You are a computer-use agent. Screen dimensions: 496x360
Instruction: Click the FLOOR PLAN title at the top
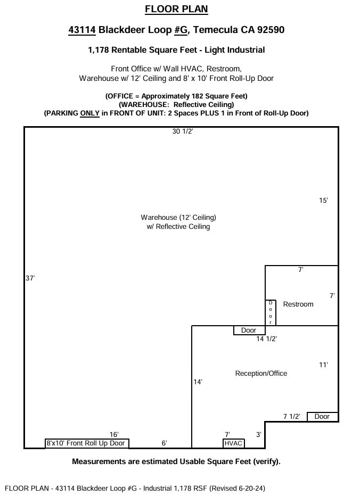[176, 9]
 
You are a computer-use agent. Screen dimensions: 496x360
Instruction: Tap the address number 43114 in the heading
[82, 30]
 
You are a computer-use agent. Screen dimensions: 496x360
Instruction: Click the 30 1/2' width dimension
[183, 132]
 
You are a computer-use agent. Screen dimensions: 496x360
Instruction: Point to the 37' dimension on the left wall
[30, 278]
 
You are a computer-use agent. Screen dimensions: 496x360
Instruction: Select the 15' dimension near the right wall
[323, 201]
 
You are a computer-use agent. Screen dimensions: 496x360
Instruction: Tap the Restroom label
[298, 304]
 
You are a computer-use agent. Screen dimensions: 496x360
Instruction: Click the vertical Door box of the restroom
[271, 312]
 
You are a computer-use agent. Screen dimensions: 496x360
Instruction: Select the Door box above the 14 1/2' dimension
[249, 330]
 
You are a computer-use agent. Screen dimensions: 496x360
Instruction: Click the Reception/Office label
[261, 374]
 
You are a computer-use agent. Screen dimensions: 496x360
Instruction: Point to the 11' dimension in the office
[323, 365]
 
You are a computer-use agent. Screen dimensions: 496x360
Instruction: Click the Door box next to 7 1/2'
[322, 417]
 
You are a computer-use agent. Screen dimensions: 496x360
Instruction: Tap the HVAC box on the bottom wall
[233, 443]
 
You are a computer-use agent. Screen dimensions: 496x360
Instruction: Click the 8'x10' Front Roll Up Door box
[86, 443]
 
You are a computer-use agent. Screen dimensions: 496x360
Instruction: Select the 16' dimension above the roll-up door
[114, 434]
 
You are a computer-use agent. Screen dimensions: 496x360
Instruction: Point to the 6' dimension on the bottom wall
[165, 443]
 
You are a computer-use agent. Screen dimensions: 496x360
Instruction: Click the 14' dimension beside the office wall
[198, 382]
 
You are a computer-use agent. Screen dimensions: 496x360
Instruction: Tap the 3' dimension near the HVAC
[259, 434]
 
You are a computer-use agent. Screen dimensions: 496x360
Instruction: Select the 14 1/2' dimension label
[267, 338]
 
